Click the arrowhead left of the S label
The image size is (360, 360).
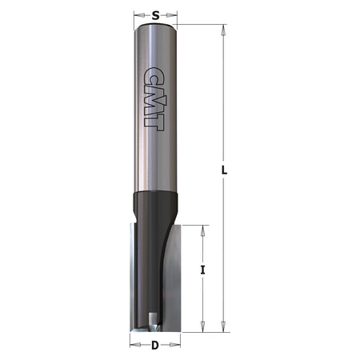(x=138, y=14)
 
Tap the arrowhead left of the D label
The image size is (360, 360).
(x=132, y=346)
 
